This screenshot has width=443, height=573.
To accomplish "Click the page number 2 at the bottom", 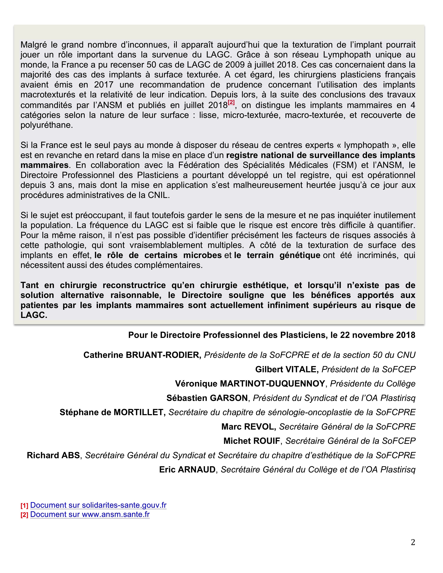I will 413,542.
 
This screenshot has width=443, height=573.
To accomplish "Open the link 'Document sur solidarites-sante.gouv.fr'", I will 98,505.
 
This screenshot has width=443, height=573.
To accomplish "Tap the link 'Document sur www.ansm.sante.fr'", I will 90,514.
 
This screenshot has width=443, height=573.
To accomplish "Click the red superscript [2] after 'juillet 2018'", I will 231,102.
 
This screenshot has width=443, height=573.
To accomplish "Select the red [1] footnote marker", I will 24,506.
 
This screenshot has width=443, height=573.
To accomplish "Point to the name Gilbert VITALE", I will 287,369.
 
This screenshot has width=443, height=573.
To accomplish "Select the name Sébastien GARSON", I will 207,398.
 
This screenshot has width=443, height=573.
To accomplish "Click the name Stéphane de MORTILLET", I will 113,412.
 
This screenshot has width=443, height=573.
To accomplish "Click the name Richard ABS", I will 53,455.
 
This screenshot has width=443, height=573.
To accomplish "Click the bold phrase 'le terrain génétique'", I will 277,255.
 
